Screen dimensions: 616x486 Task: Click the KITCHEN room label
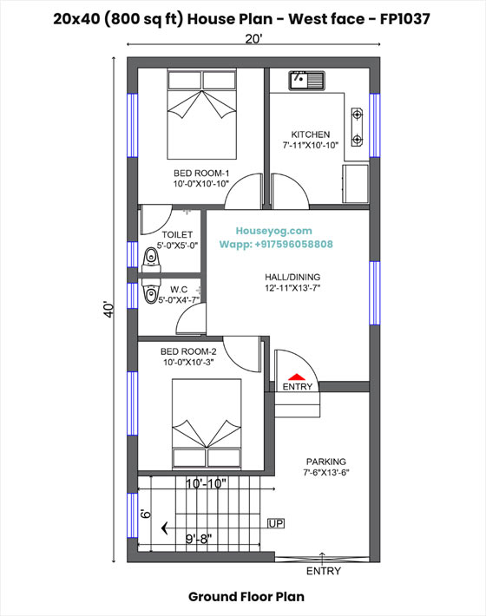[x=310, y=134]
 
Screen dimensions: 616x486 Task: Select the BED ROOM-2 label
[x=187, y=351]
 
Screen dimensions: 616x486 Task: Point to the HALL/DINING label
[x=293, y=278]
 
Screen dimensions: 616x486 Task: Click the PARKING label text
[x=325, y=462]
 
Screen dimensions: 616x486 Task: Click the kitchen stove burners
[x=357, y=127]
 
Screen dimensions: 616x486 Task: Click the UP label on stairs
[x=276, y=523]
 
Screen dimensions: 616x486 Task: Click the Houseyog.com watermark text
[x=274, y=231]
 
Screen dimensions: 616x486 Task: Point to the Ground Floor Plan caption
[x=246, y=597]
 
